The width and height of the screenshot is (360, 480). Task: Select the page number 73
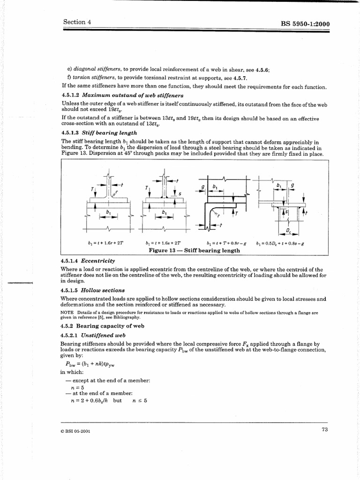[x=324, y=430]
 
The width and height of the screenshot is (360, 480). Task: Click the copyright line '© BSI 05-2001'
[x=76, y=432]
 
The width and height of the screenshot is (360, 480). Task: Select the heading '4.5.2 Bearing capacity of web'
[x=103, y=325]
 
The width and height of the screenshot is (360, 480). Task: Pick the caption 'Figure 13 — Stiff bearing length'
[x=194, y=250]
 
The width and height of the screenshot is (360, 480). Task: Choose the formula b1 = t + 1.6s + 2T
[x=164, y=243]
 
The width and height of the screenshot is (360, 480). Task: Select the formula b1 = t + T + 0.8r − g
[x=226, y=243]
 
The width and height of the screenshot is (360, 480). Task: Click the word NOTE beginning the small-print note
[x=67, y=312]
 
